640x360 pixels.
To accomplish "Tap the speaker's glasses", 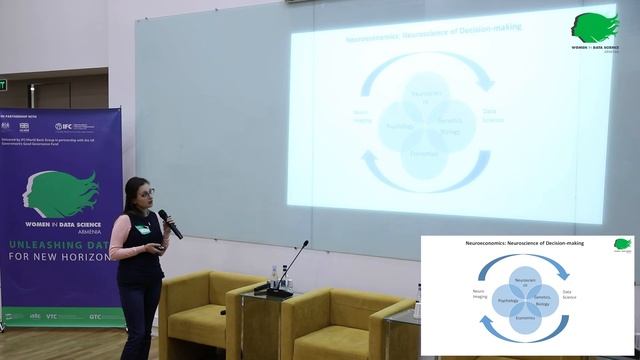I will pos(145,192).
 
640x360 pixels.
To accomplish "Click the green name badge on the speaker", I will pos(145,229).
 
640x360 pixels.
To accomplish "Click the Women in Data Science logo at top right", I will pos(594,29).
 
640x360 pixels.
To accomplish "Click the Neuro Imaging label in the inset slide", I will pos(451,294).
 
